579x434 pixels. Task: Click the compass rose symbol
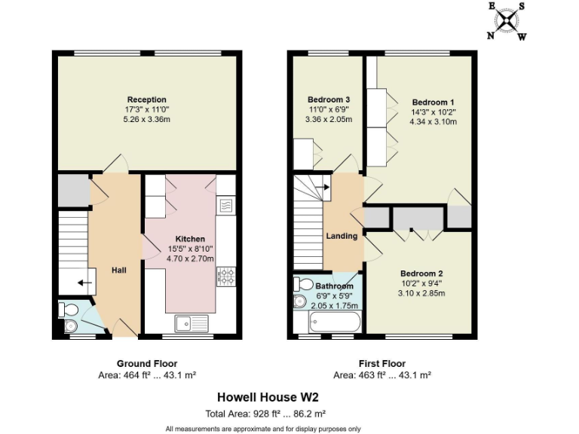pos(506,20)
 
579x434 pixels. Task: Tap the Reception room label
pos(147,99)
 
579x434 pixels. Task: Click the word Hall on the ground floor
pos(119,270)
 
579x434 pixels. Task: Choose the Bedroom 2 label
pos(421,273)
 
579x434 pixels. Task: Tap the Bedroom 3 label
pos(328,99)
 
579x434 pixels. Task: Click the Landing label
pos(342,236)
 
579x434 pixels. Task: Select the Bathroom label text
pos(334,286)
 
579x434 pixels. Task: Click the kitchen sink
pos(191,323)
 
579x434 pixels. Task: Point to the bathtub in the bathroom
pos(329,323)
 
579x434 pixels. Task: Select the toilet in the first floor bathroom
pos(304,285)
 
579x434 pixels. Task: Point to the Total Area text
pos(265,413)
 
